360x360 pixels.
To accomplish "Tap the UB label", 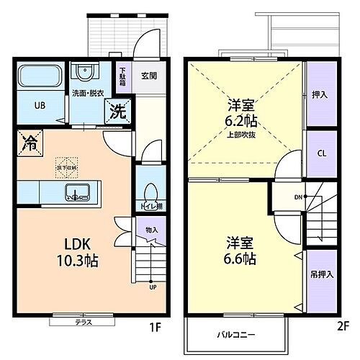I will pos(40,105).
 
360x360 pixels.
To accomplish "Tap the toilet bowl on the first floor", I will pos(148,194).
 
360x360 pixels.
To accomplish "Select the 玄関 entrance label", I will pos(149,74).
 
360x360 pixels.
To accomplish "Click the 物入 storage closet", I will pos(151,230).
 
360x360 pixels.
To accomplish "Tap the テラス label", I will pos(83,323).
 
